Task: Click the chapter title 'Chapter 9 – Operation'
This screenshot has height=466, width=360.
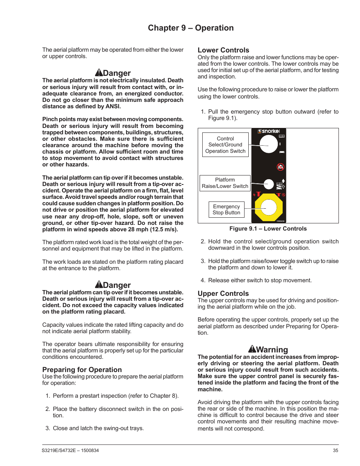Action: point(191,28)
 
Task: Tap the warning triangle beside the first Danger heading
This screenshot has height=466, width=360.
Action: point(99,73)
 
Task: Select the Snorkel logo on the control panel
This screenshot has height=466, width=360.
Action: point(269,131)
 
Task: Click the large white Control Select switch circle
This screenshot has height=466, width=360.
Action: point(269,144)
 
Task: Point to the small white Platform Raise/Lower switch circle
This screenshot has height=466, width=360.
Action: point(269,184)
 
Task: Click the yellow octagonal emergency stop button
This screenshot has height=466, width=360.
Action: point(269,208)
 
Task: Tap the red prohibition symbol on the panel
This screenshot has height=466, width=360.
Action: point(280,167)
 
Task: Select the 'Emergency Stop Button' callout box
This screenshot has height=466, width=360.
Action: point(226,210)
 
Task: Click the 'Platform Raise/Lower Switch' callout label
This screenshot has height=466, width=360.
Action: point(225,183)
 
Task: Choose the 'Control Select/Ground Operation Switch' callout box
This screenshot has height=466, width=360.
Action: point(225,145)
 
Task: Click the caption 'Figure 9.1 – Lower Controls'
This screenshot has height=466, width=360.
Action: point(268,229)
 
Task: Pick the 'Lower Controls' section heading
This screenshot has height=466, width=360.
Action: point(223,50)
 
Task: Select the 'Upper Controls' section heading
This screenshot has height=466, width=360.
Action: point(223,294)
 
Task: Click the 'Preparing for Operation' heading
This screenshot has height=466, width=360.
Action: point(82,370)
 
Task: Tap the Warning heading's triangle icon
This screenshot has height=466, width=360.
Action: point(252,349)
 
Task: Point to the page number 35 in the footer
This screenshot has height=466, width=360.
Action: point(335,451)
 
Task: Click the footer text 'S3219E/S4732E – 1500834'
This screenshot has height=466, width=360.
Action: point(71,451)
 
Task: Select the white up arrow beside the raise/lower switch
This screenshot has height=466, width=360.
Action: point(283,181)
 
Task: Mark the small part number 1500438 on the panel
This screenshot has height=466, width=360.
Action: point(280,221)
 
